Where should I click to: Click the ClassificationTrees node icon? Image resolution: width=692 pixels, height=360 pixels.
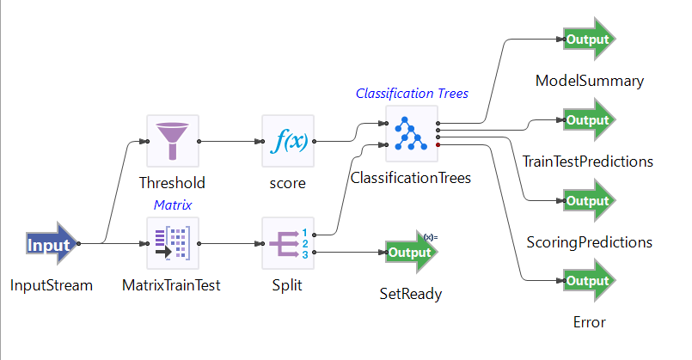pos(412,133)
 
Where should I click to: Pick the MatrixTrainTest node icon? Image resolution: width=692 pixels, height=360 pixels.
pos(173,243)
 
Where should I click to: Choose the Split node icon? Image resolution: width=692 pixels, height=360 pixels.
pos(288,243)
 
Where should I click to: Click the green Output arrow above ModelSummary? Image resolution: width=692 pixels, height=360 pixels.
pos(589,40)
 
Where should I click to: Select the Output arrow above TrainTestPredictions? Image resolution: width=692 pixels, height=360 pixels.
pos(589,120)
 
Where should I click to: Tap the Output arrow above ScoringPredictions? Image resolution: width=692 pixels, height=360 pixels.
pos(589,201)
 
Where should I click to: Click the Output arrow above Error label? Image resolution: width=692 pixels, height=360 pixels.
pos(589,281)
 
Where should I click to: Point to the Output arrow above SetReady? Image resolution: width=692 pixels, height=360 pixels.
pos(412,253)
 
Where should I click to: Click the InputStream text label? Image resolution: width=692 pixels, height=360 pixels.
pos(52,285)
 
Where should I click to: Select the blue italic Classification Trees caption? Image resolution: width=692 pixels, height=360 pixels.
pos(412,94)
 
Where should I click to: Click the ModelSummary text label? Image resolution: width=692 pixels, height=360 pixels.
pos(589,82)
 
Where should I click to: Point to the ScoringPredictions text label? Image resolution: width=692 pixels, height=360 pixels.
pos(589,242)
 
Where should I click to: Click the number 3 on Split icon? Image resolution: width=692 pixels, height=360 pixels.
pos(304,253)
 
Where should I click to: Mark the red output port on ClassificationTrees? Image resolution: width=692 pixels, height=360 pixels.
pos(438,146)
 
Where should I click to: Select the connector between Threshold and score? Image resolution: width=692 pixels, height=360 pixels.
pos(230,141)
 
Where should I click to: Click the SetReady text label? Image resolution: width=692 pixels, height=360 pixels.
pos(411,294)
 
